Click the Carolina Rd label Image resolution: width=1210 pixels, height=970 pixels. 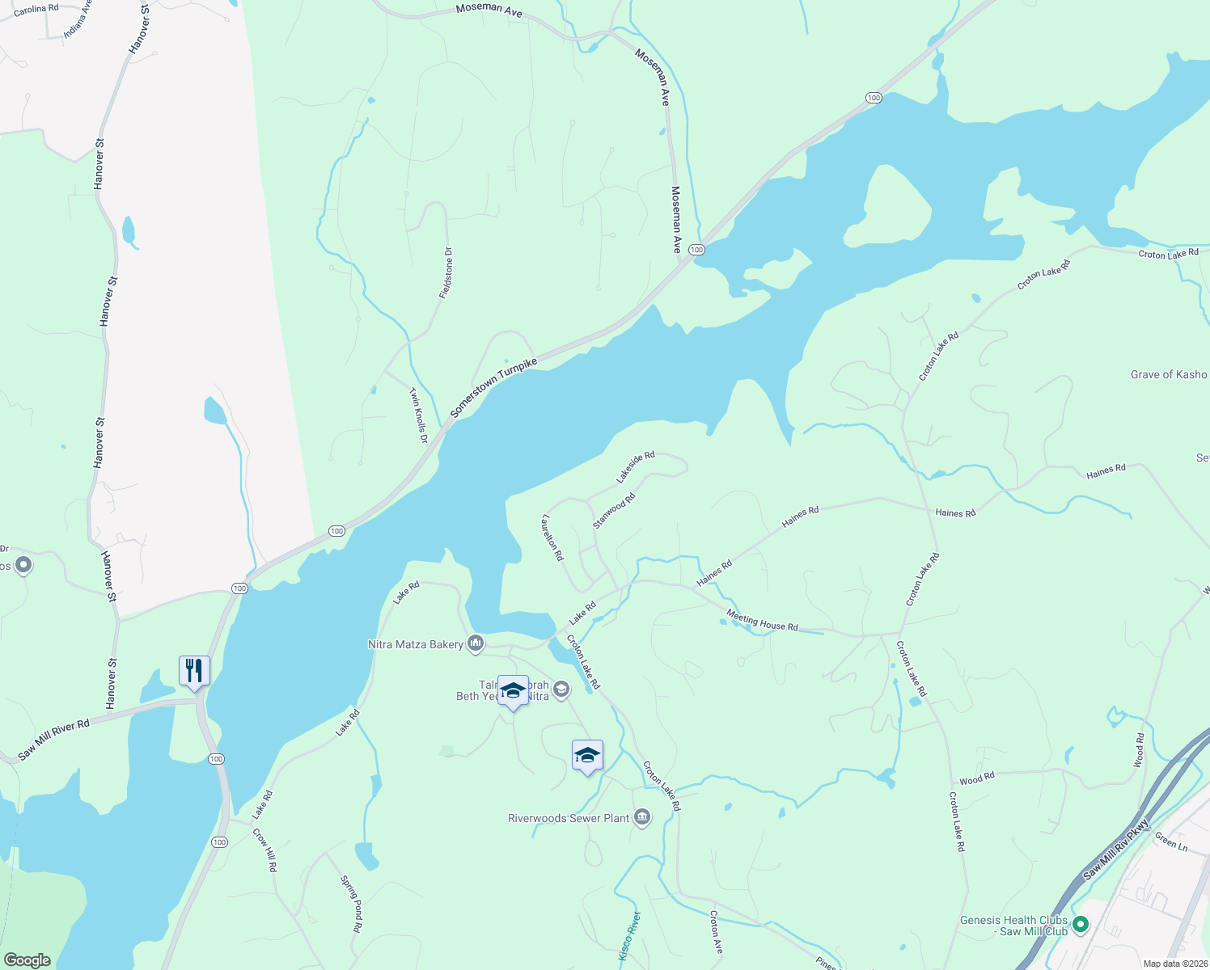36,9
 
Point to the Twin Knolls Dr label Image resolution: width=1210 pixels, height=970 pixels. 418,415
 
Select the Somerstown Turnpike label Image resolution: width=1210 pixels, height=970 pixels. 493,388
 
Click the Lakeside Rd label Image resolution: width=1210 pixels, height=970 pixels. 635,468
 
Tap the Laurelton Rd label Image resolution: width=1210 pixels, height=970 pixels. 553,538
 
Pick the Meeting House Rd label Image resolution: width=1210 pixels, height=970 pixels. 762,621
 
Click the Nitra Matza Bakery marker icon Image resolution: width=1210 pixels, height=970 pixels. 476,643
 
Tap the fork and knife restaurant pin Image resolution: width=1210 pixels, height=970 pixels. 194,671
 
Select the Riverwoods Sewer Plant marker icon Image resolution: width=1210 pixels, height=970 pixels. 642,817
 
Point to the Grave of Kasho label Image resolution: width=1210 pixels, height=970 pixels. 1168,375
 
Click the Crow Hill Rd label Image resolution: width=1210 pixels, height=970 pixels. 264,850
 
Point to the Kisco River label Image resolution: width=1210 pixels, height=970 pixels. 629,936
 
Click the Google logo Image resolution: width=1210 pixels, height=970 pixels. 27,959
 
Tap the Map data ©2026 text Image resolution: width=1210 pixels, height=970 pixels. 1174,964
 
